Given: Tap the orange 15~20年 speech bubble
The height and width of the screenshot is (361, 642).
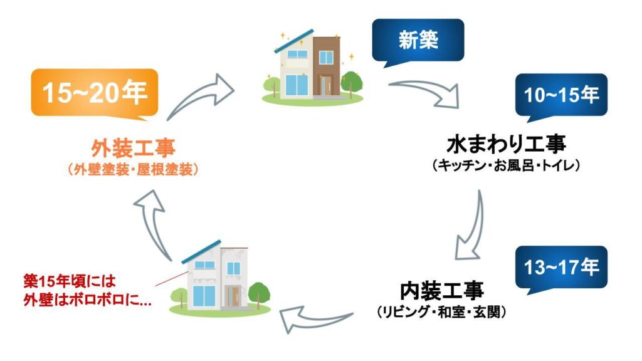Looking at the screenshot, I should pyautogui.click(x=94, y=93).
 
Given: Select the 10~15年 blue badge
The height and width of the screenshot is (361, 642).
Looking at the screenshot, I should pyautogui.click(x=561, y=95).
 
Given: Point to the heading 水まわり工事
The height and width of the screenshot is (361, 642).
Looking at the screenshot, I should pyautogui.click(x=506, y=145).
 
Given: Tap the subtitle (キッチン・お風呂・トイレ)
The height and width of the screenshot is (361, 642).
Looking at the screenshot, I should pyautogui.click(x=507, y=166).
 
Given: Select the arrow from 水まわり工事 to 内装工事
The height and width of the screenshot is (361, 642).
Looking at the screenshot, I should pyautogui.click(x=471, y=226).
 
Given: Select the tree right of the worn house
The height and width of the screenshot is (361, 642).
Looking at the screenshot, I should pyautogui.click(x=258, y=292).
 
